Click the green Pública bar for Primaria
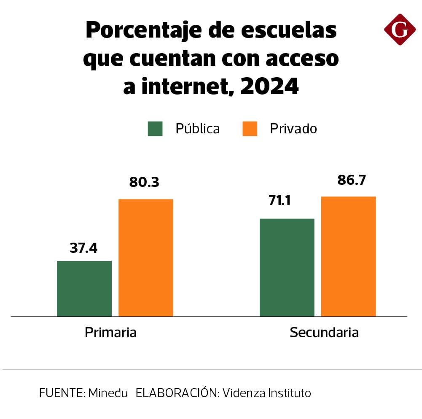(x=84, y=289)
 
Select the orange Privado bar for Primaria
(x=146, y=258)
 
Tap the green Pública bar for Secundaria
(x=287, y=268)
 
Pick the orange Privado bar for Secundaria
(x=349, y=257)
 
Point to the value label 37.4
(x=84, y=248)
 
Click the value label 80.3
(x=144, y=182)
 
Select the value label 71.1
(x=280, y=200)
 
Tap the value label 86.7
(x=352, y=180)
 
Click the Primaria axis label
(x=110, y=332)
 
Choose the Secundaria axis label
(x=324, y=332)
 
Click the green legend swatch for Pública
(x=155, y=129)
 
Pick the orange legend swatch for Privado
(x=250, y=129)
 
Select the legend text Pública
(x=198, y=129)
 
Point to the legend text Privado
(x=293, y=129)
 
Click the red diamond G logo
(x=400, y=30)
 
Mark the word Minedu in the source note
(x=108, y=393)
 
